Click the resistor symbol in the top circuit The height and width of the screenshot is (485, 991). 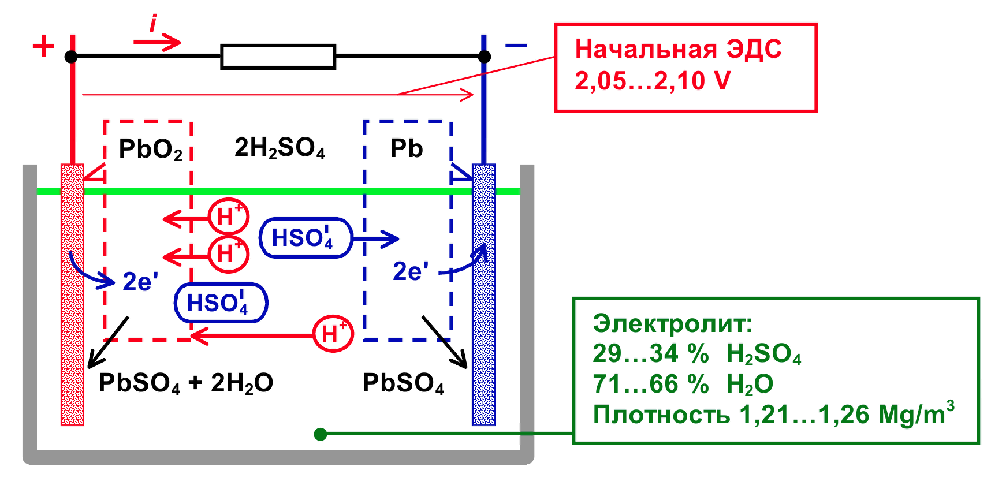(278, 57)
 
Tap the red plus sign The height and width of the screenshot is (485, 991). (43, 46)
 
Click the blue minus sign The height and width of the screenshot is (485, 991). (515, 45)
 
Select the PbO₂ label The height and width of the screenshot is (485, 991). (150, 150)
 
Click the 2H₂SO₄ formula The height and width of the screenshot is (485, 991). (280, 148)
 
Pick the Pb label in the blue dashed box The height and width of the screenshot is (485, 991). (407, 148)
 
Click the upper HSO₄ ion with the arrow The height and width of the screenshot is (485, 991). (305, 238)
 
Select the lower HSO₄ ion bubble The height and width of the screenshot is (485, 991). (221, 303)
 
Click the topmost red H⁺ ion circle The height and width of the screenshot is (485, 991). (229, 217)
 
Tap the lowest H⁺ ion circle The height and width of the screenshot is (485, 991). (333, 334)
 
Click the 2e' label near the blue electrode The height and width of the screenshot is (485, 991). (411, 271)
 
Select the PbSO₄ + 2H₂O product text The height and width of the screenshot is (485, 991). (185, 383)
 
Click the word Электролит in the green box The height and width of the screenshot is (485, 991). (672, 323)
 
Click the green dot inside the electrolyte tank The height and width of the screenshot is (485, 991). (321, 434)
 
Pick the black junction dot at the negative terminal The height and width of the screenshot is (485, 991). (485, 57)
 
